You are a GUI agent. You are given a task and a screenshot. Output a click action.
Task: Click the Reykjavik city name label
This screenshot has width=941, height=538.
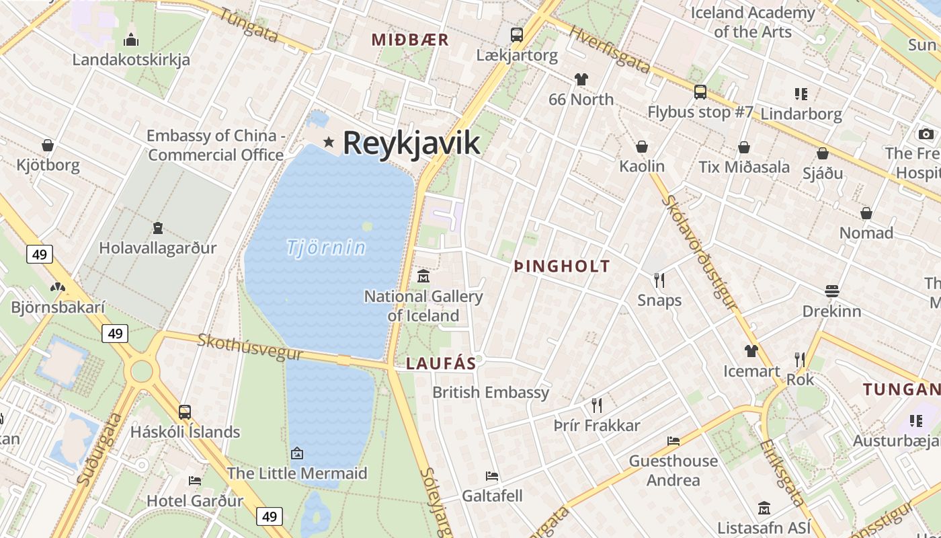point(411,143)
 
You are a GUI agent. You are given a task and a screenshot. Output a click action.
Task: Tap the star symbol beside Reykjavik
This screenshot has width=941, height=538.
point(329,142)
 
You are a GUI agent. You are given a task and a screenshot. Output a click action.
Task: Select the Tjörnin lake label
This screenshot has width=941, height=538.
point(326,248)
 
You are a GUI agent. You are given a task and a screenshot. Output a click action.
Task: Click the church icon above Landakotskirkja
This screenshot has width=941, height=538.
point(131,39)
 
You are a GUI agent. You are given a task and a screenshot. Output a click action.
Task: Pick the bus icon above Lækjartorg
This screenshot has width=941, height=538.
point(516,35)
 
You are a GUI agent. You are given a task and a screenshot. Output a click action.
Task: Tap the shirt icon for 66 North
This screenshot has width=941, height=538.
point(581,79)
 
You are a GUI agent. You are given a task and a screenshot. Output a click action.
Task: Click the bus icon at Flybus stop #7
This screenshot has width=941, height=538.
point(700,92)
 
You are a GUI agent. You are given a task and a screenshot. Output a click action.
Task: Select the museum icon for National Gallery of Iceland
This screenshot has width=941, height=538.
point(423,276)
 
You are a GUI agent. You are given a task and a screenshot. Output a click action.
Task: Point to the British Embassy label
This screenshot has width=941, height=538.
point(491,392)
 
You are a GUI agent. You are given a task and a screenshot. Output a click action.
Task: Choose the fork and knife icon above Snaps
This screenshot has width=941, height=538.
point(659,280)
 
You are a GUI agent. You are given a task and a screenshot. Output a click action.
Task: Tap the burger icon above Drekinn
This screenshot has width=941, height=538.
point(831,291)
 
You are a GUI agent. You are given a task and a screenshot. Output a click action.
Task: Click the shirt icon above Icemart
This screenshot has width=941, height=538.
point(751,351)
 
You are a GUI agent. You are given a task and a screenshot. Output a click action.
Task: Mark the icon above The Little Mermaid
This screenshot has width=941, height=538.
point(296,453)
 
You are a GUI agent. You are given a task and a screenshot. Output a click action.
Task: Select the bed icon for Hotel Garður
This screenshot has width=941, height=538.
point(195,481)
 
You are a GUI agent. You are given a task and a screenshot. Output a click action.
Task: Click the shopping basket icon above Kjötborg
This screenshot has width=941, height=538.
point(48,145)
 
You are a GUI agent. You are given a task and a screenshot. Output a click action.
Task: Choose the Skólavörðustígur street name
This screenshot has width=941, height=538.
point(699,252)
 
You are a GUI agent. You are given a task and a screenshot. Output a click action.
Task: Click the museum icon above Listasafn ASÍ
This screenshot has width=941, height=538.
point(764,508)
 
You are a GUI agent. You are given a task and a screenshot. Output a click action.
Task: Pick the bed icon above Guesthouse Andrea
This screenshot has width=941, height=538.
point(673,441)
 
